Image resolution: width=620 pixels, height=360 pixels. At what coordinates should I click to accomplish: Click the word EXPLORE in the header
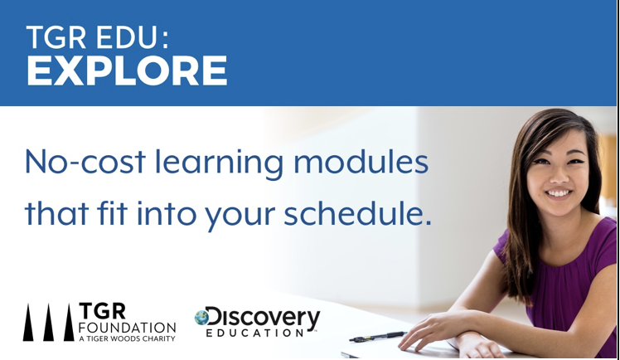[x=127, y=72]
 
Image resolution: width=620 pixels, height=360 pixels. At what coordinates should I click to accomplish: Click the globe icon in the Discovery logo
[x=201, y=317]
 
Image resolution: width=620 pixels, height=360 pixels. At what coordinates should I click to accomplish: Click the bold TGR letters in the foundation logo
[x=100, y=310]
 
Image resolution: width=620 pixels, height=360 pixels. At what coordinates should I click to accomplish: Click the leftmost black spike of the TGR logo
[x=28, y=324]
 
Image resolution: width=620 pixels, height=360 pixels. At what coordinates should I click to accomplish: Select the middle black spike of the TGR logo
[x=48, y=324]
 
